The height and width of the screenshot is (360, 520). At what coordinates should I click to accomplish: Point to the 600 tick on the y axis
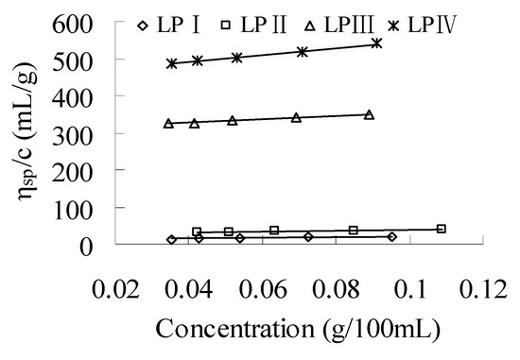click(x=102, y=23)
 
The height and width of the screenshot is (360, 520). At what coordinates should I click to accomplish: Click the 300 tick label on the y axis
click(x=102, y=133)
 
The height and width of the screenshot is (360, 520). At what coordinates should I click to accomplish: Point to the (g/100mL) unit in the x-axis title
click(x=363, y=333)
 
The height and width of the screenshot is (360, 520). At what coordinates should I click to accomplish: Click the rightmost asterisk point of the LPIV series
click(x=376, y=43)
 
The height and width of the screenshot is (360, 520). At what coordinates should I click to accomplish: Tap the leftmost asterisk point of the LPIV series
click(x=172, y=63)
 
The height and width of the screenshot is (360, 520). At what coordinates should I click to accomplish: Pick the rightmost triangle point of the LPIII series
click(x=369, y=114)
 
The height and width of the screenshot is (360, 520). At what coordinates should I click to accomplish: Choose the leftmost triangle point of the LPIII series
click(x=168, y=123)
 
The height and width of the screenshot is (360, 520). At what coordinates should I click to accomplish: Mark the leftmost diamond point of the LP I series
click(x=171, y=239)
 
